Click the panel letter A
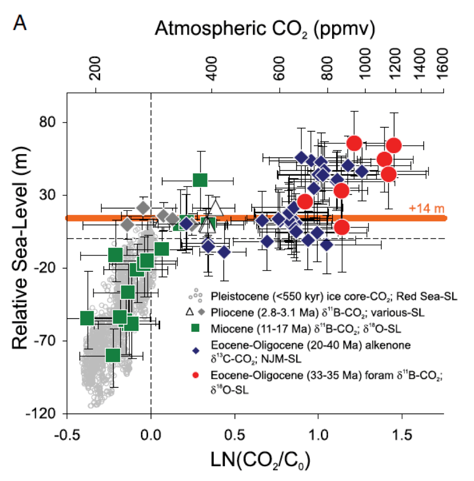[x=19, y=23]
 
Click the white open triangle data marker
[x=216, y=209]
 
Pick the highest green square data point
[x=200, y=180]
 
